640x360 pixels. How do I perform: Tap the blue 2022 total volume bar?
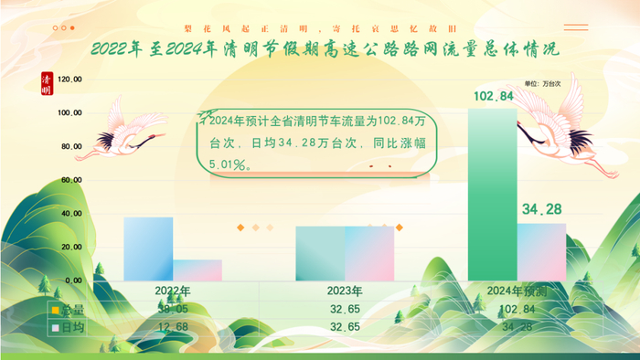pyautogui.click(x=148, y=248)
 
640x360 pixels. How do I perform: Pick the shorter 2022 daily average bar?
pyautogui.click(x=197, y=270)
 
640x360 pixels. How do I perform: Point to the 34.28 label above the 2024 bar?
pyautogui.click(x=541, y=210)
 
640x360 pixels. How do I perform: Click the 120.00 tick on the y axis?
pyautogui.click(x=70, y=79)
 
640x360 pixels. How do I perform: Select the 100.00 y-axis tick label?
pyautogui.click(x=70, y=113)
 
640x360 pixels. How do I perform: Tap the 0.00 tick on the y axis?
pyautogui.click(x=74, y=281)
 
